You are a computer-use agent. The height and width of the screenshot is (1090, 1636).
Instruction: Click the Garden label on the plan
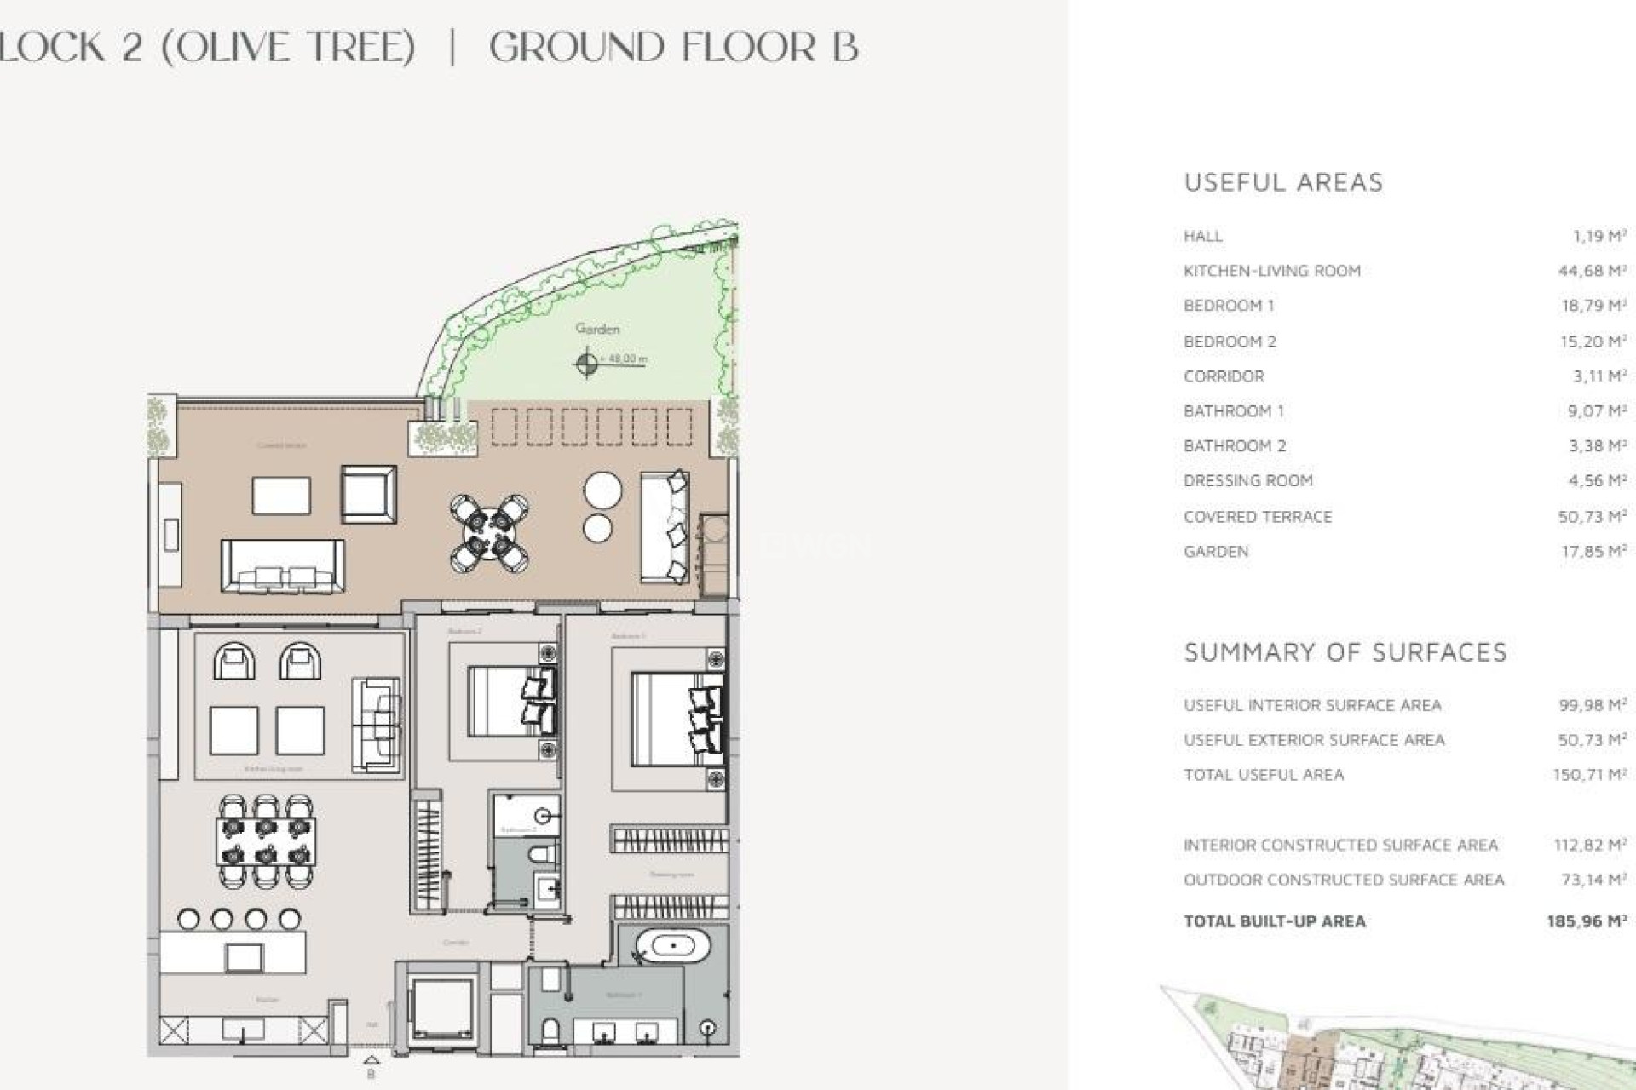(597, 329)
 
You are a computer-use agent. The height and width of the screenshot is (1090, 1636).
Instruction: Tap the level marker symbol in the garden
(586, 364)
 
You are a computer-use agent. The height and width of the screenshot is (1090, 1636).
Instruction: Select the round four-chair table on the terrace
(489, 534)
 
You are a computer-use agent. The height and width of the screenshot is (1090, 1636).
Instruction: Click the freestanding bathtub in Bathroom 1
(673, 946)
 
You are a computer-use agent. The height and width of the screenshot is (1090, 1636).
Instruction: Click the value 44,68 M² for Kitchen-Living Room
(1592, 271)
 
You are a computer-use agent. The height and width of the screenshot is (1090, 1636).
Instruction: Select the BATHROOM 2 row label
(1235, 446)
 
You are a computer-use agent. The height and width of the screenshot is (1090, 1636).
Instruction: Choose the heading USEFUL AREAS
(1283, 182)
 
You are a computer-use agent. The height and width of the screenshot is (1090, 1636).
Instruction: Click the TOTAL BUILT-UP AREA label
(1274, 921)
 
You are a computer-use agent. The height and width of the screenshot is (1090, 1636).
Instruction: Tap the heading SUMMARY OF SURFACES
(1345, 652)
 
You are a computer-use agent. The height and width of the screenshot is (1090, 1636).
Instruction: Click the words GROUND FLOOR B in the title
(673, 47)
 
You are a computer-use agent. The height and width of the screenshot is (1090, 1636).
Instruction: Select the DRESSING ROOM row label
(1247, 481)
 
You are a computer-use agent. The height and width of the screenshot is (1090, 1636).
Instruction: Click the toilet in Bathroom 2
(542, 854)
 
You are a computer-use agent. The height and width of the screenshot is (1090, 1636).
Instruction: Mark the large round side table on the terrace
(602, 490)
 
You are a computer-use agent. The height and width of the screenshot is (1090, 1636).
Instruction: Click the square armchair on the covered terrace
(368, 494)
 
